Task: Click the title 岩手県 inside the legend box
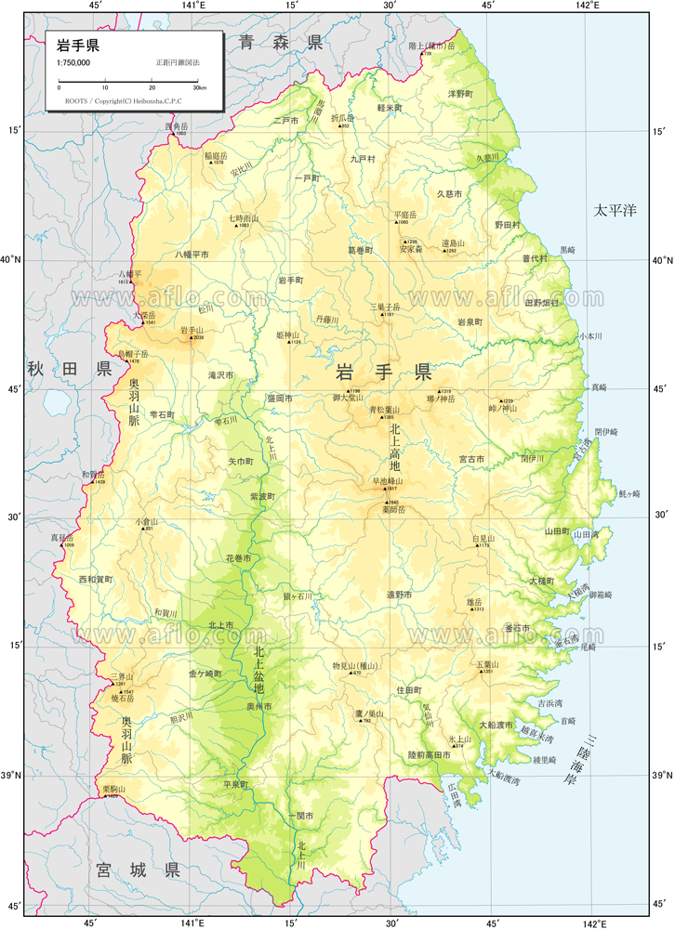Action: tap(78, 44)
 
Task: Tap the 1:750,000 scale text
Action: tap(73, 62)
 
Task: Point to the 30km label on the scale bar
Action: tap(200, 87)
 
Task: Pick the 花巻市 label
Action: tap(238, 558)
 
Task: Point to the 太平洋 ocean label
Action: tap(615, 211)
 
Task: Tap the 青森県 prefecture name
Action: tap(280, 42)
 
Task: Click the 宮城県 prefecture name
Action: tap(138, 870)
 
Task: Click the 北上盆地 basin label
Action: tap(258, 671)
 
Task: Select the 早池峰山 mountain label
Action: tap(387, 481)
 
